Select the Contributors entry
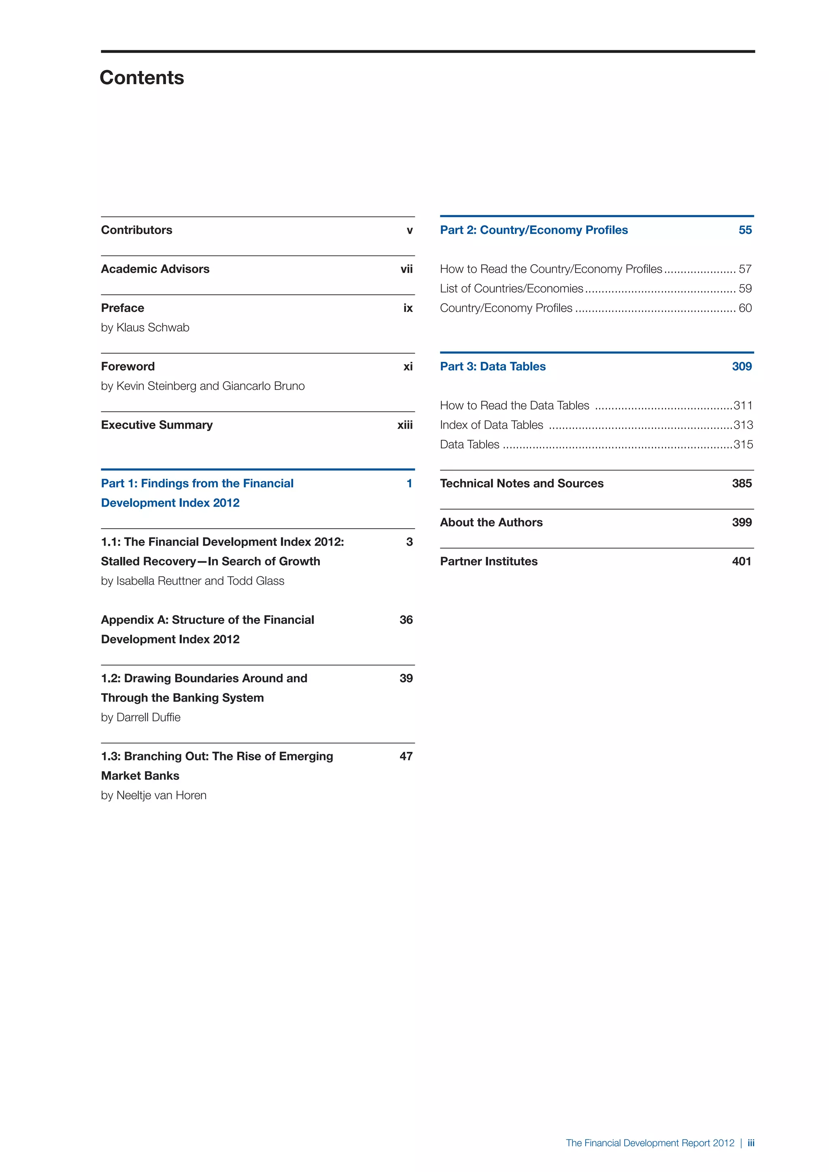[136, 230]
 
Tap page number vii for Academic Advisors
[406, 269]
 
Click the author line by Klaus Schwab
[145, 328]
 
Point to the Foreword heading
[128, 367]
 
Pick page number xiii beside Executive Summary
[405, 425]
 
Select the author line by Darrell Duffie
[140, 717]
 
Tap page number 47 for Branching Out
[406, 756]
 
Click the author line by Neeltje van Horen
[154, 795]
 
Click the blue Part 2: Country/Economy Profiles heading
[534, 230]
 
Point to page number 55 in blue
[745, 230]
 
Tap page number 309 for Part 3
[741, 367]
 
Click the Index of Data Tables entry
[491, 425]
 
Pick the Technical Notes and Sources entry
[521, 483]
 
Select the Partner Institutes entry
[489, 561]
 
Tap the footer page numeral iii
[750, 1143]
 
